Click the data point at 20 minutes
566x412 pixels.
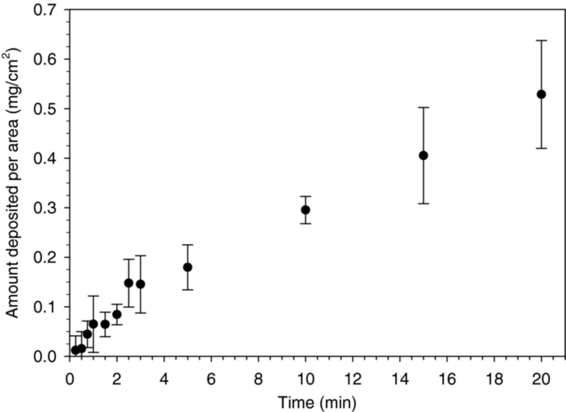pos(541,94)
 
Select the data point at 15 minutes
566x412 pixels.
pos(424,156)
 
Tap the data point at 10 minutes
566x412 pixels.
pos(305,210)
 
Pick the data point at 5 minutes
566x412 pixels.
pos(188,267)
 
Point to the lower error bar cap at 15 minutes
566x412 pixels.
pos(424,204)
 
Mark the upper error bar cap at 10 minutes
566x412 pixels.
pos(305,196)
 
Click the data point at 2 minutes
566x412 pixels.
pos(117,314)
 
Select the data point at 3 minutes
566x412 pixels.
pos(141,284)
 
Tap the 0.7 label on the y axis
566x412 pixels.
pos(47,10)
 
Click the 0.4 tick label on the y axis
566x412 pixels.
pos(47,158)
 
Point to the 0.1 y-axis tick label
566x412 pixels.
pos(47,307)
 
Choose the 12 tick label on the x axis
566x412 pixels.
pos(352,379)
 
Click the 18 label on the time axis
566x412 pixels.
pos(494,379)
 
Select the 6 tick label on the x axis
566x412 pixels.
pos(211,379)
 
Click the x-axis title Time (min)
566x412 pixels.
pos(317,403)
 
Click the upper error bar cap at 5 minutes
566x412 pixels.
pos(188,244)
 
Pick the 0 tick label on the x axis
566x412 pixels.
pos(69,379)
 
